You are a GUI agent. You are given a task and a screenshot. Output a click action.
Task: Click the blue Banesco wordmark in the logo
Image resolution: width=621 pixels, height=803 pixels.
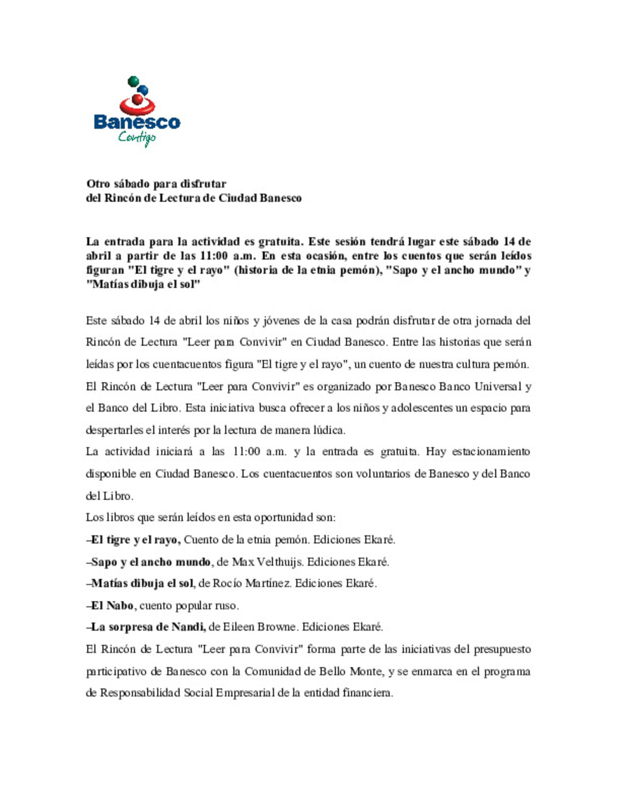(137, 122)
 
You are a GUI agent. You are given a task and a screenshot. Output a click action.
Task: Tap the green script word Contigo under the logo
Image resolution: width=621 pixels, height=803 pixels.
(137, 137)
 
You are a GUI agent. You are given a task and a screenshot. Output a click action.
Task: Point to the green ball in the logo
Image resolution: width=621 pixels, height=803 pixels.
(133, 81)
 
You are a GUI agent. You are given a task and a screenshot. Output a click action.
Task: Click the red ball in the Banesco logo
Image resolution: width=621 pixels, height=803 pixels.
(137, 100)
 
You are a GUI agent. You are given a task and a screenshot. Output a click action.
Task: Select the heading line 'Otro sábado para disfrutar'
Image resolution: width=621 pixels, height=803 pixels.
(156, 184)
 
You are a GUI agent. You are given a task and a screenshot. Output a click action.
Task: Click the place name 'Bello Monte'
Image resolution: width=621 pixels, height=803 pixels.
(351, 671)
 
